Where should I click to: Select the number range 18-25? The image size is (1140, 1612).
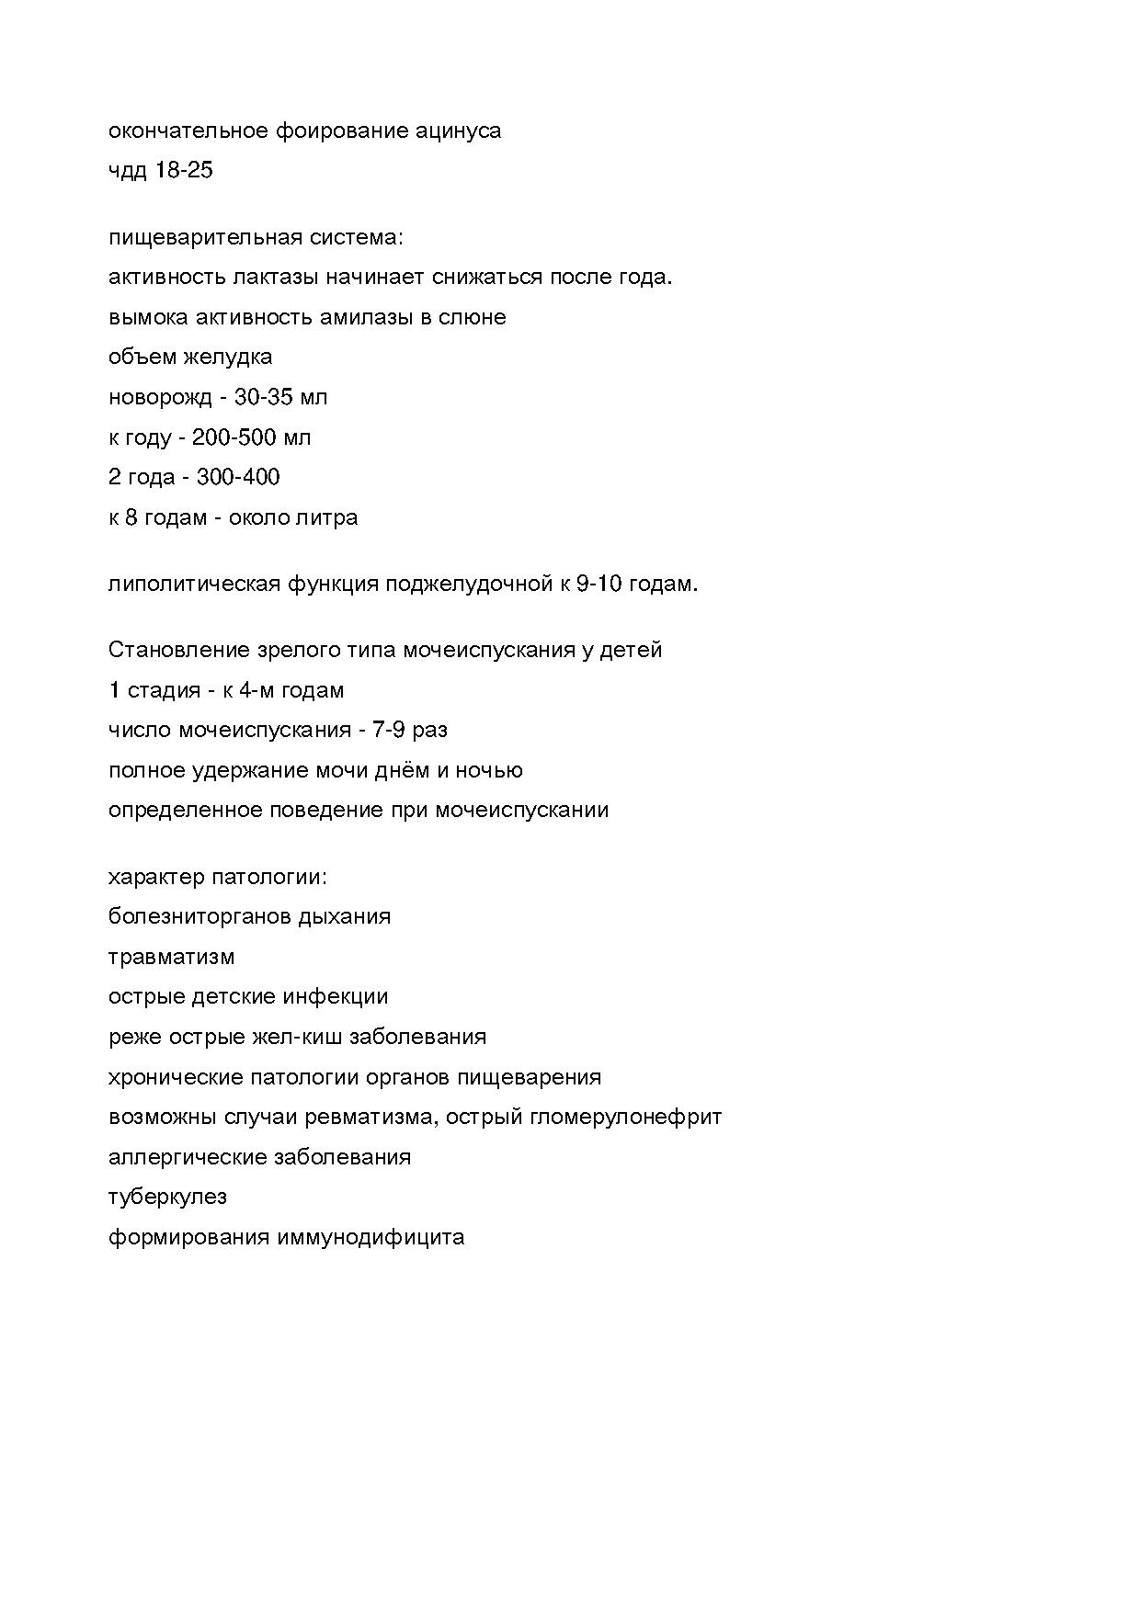click(x=184, y=171)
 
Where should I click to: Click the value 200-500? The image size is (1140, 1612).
click(x=234, y=437)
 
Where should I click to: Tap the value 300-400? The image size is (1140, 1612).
click(x=238, y=477)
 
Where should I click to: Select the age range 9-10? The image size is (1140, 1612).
click(x=599, y=585)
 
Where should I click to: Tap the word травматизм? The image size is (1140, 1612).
click(x=172, y=958)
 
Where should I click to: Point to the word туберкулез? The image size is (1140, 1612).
click(x=167, y=1198)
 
